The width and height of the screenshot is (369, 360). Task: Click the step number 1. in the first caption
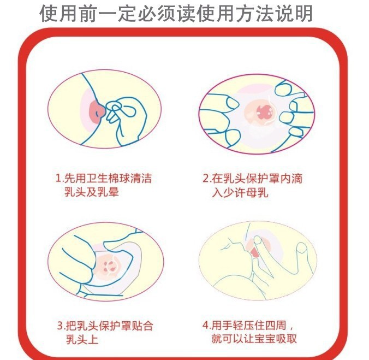pos(59,178)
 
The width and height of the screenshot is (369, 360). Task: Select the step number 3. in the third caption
pos(61,326)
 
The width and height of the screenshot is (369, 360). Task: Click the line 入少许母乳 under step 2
pos(239,193)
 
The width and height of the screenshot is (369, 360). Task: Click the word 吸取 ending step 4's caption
pos(287,339)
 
